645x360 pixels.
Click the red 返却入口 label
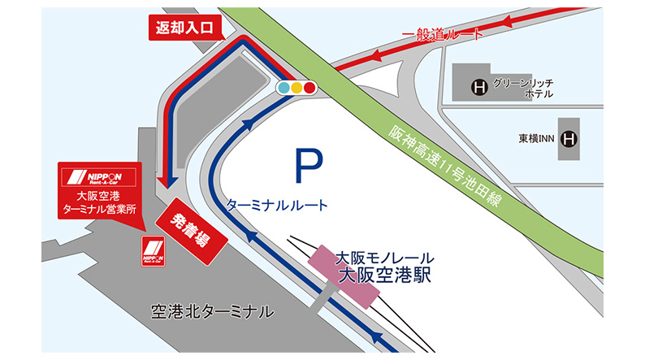click(185, 27)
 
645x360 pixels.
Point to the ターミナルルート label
click(278, 206)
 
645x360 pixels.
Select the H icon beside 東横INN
click(571, 138)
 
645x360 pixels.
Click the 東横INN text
click(539, 139)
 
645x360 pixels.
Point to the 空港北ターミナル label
click(213, 312)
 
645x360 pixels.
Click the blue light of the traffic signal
click(284, 86)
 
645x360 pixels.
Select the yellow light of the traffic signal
click(297, 86)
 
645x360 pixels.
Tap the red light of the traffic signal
click(310, 86)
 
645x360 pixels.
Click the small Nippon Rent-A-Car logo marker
click(153, 250)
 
